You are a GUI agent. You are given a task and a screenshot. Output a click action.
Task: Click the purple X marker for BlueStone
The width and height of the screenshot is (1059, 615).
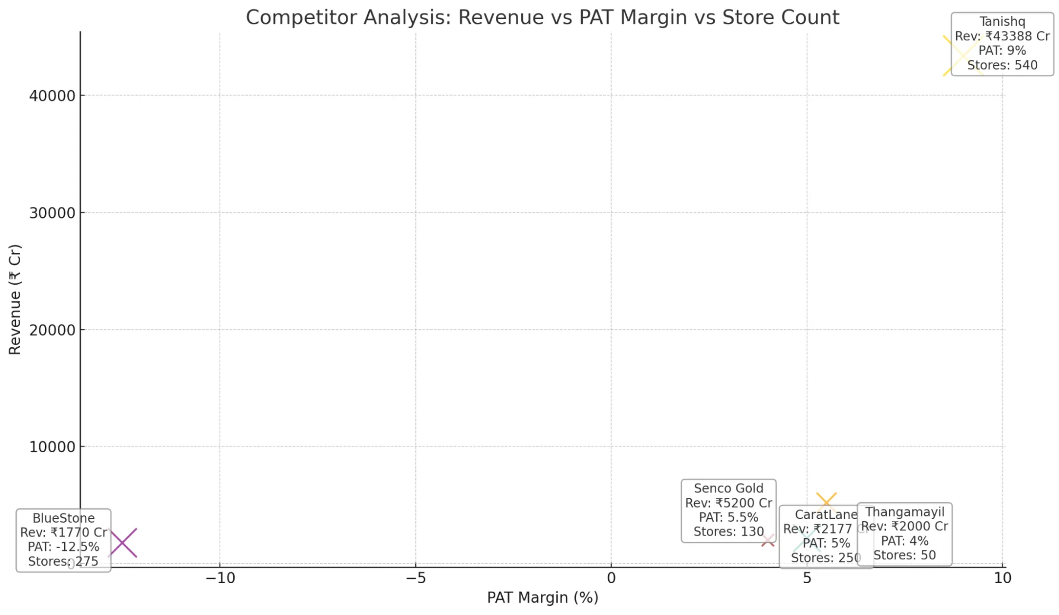point(122,542)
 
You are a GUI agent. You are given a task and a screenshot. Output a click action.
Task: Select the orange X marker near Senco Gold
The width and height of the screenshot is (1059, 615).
point(826,502)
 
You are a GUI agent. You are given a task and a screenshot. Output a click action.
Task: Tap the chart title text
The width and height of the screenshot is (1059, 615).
point(542,17)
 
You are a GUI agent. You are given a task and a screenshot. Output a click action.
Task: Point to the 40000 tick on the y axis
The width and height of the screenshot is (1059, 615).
point(52,96)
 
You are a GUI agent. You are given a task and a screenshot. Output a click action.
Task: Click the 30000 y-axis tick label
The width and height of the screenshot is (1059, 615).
point(52,213)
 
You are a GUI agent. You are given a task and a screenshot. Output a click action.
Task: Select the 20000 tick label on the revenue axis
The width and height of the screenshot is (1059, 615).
point(52,330)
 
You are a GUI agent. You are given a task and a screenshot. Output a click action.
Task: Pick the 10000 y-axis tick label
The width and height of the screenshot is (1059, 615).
point(52,447)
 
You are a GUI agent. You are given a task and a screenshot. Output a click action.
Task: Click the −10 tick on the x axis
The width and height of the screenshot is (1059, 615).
point(220,578)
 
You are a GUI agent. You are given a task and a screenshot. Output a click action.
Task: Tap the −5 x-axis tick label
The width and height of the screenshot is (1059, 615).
point(415,578)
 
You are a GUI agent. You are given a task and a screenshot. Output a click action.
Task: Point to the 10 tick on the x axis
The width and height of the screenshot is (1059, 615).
point(1002,578)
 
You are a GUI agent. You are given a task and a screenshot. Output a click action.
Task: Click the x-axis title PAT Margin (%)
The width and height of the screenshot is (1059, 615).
point(542,598)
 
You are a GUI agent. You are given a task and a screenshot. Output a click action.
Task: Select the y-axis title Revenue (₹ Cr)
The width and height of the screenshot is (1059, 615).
point(15,300)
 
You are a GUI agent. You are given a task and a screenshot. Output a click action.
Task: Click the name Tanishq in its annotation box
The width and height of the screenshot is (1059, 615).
point(1002,22)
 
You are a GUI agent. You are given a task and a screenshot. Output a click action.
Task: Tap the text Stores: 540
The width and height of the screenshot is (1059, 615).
point(1002,65)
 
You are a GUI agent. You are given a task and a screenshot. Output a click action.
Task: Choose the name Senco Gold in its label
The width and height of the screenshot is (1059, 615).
point(728,488)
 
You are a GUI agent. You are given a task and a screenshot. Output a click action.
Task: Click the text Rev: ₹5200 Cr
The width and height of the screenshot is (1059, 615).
point(728,503)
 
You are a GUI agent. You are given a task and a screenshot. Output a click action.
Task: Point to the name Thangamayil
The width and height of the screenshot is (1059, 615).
point(904,512)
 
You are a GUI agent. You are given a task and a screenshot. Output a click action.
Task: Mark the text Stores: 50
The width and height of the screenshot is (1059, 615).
point(904,555)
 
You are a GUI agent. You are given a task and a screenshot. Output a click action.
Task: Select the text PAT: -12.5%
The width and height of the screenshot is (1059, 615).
point(64,547)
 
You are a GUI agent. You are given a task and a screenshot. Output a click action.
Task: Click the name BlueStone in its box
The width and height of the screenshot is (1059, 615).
point(64,518)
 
